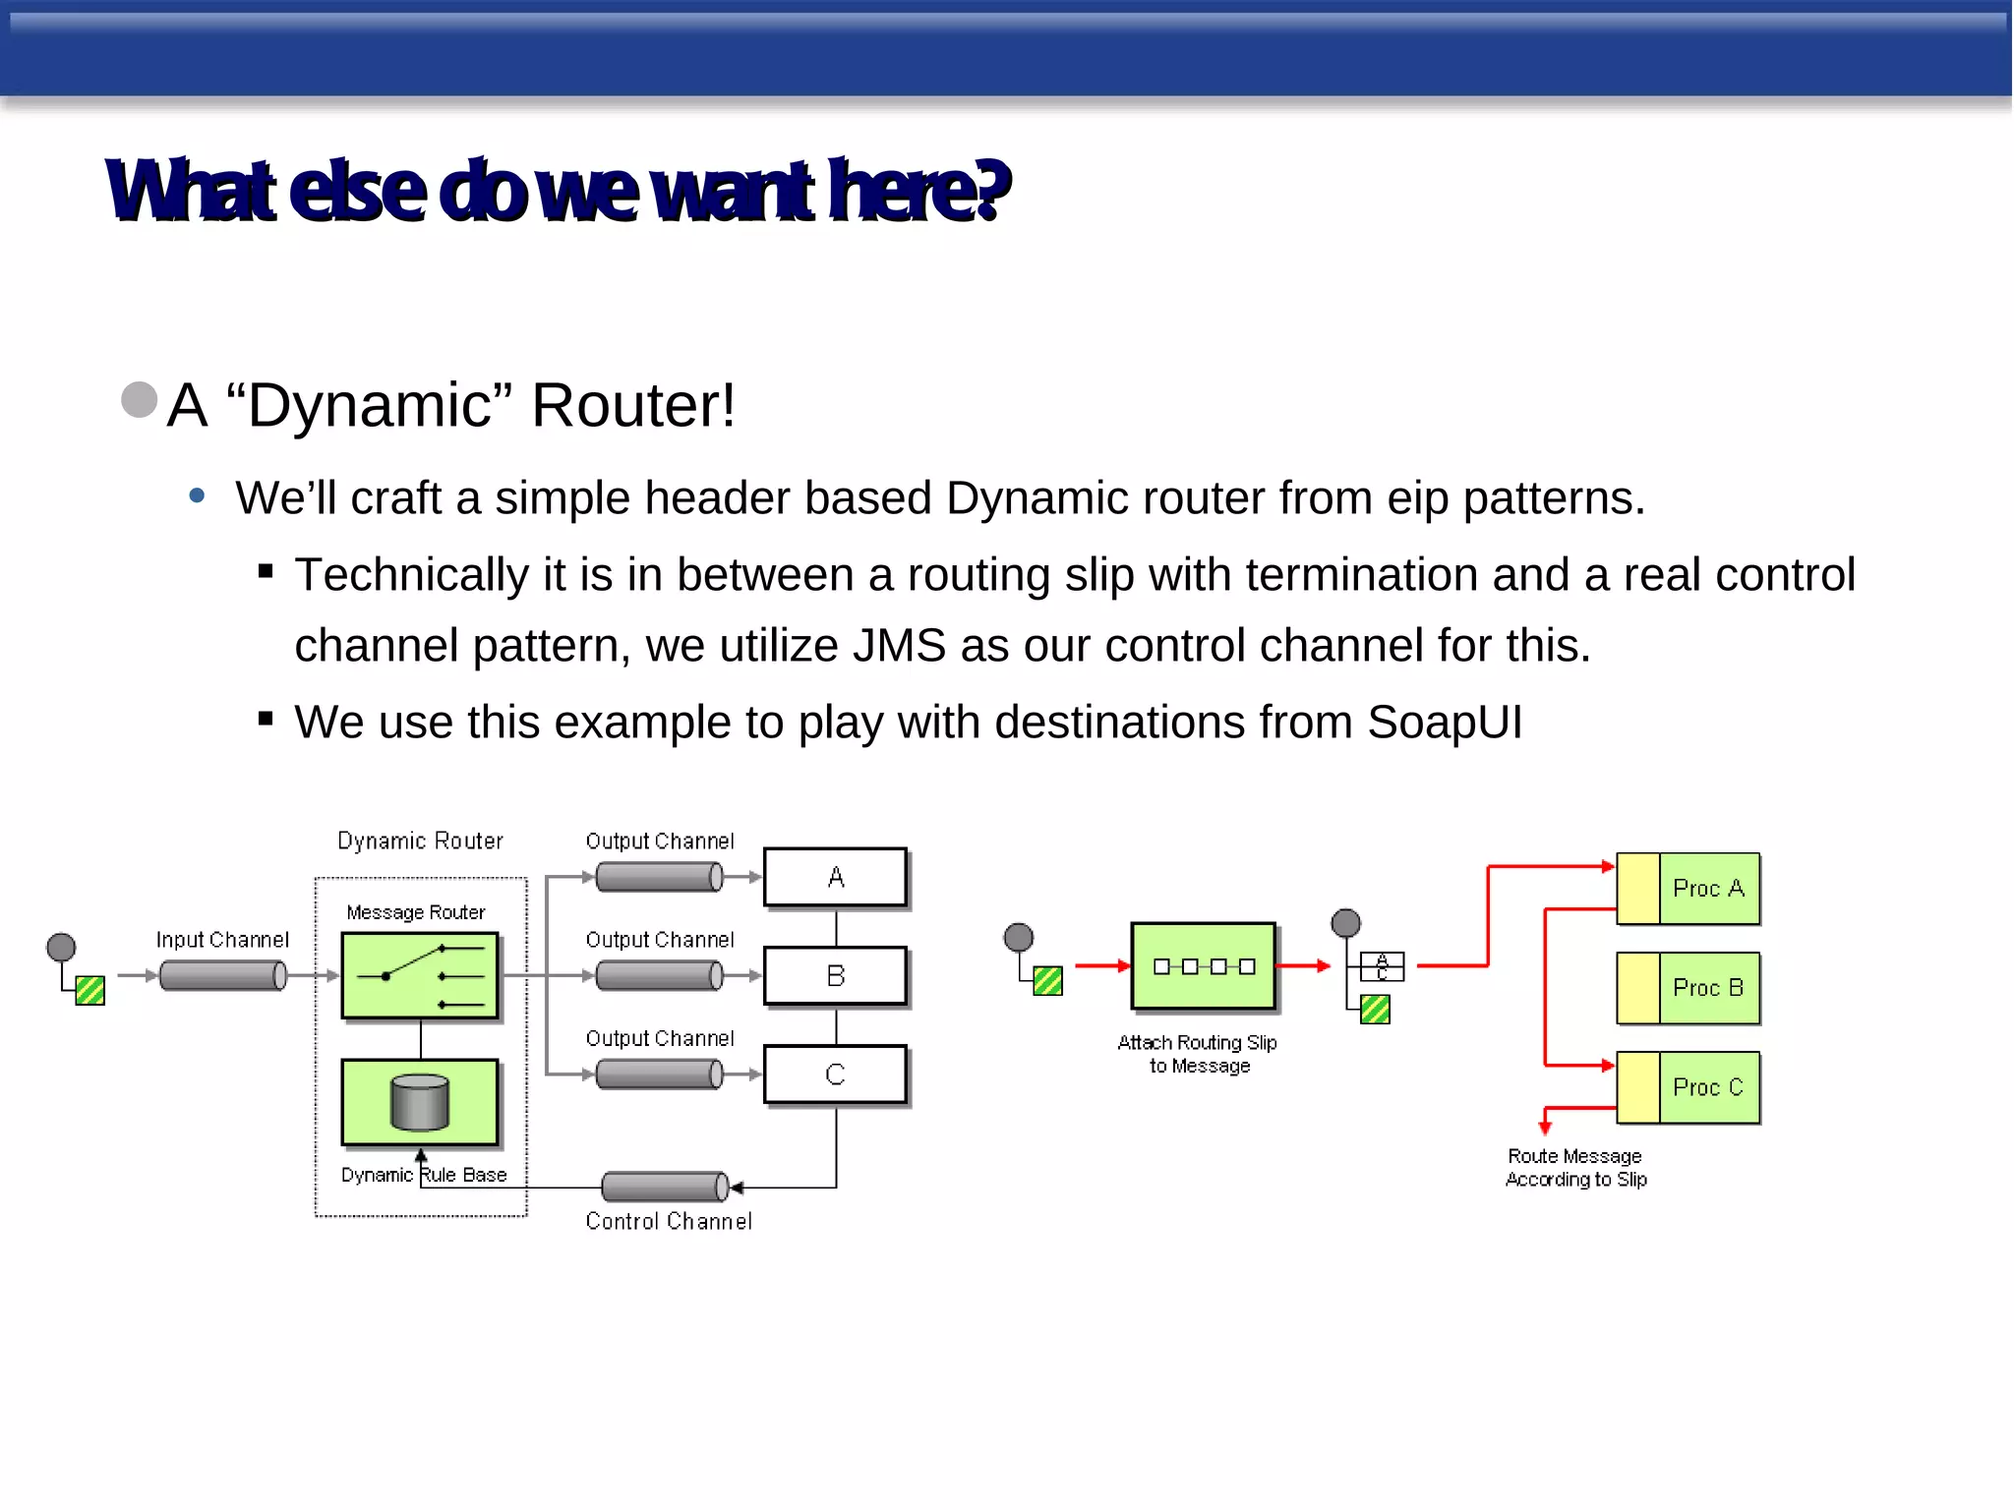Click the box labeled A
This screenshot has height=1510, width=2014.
pyautogui.click(x=835, y=877)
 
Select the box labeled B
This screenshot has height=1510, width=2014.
pyautogui.click(x=835, y=975)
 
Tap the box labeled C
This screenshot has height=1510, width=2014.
pyautogui.click(x=835, y=1074)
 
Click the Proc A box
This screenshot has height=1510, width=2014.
pyautogui.click(x=1688, y=889)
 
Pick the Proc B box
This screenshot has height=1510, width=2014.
pyautogui.click(x=1688, y=988)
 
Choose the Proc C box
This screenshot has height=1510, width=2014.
pyautogui.click(x=1688, y=1087)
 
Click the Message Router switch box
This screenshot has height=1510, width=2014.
pyautogui.click(x=420, y=975)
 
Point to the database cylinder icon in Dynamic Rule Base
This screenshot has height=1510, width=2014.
pyautogui.click(x=420, y=1102)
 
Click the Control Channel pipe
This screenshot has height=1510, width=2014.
pyautogui.click(x=665, y=1187)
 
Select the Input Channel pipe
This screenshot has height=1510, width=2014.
pyautogui.click(x=223, y=975)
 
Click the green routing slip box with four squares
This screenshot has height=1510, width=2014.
pyautogui.click(x=1203, y=966)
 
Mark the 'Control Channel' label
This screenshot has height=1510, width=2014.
pyautogui.click(x=669, y=1221)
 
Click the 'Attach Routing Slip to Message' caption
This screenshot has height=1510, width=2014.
pyautogui.click(x=1198, y=1054)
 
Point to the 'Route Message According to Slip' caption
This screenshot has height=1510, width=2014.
pyautogui.click(x=1575, y=1168)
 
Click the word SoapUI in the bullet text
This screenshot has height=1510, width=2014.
pyautogui.click(x=1444, y=723)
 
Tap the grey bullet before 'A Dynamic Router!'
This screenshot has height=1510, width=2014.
pyautogui.click(x=140, y=400)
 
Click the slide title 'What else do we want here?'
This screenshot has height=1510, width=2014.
pyautogui.click(x=558, y=190)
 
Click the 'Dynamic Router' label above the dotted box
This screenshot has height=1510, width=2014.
pyautogui.click(x=420, y=841)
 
